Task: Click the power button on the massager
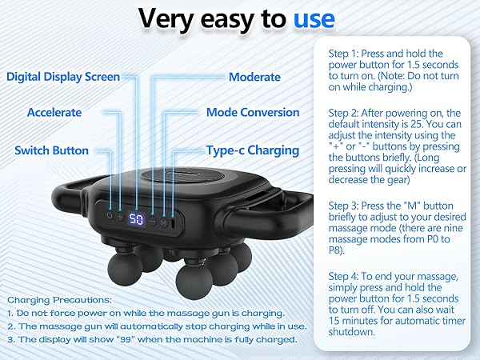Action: click(x=109, y=215)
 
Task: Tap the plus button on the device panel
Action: click(x=121, y=216)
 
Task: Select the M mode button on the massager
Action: click(x=163, y=223)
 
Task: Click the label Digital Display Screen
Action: click(x=63, y=77)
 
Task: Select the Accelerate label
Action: click(x=54, y=113)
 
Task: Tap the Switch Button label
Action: click(x=52, y=150)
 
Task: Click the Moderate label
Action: click(x=254, y=77)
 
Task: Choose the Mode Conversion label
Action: click(x=253, y=113)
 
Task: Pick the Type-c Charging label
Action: click(x=253, y=150)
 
